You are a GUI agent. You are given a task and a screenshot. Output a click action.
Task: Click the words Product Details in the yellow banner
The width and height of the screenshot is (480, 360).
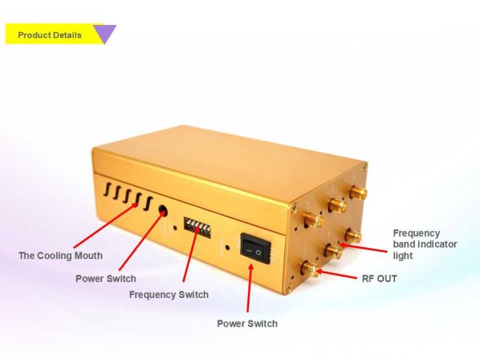click(x=50, y=35)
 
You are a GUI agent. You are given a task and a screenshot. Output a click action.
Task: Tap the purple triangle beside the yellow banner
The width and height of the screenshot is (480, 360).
click(x=105, y=33)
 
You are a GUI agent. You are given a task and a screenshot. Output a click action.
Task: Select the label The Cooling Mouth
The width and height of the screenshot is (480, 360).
click(x=61, y=255)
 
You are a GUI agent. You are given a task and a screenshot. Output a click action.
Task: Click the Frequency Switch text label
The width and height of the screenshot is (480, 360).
click(x=169, y=294)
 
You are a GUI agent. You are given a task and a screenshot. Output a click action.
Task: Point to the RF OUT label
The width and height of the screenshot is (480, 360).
click(x=380, y=279)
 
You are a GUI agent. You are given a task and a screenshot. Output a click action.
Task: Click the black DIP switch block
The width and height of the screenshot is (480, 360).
click(x=197, y=227)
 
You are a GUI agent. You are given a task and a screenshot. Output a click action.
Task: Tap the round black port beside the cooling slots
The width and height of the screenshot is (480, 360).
click(x=163, y=211)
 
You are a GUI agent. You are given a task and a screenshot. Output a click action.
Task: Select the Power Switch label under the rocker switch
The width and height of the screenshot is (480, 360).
click(x=247, y=323)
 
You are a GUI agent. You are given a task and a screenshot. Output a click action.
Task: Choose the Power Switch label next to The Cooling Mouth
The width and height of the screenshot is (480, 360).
click(x=106, y=279)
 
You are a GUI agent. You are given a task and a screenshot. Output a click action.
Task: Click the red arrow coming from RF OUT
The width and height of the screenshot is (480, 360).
click(x=336, y=274)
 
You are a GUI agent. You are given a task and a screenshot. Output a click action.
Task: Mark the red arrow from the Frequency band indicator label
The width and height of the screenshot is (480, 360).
click(x=363, y=248)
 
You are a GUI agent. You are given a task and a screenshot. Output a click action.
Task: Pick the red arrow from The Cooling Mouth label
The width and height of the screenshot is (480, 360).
click(x=106, y=225)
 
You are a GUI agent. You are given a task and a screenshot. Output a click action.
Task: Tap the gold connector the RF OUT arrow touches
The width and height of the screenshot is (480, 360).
click(x=311, y=269)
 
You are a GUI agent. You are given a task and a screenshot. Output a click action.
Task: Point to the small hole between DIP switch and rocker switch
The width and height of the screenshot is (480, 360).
click(x=227, y=247)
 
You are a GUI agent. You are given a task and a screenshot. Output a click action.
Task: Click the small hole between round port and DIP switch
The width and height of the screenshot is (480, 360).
click(x=175, y=228)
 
